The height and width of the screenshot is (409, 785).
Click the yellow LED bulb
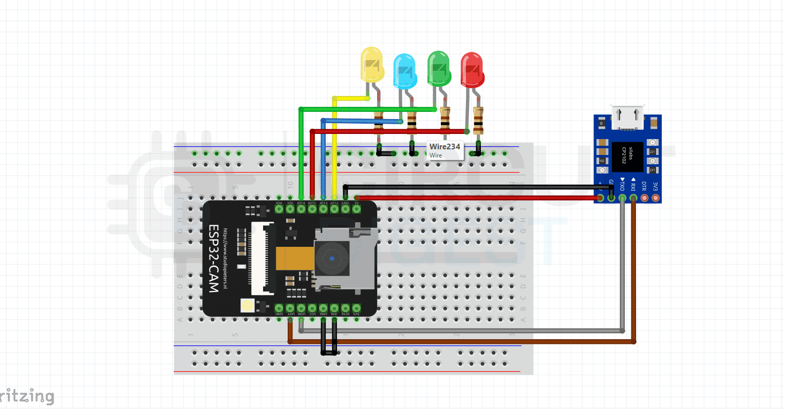371,65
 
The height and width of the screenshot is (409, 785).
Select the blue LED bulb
404,71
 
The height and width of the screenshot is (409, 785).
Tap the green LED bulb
439,68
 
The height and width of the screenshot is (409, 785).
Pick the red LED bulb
472,69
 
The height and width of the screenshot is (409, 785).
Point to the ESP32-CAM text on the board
214,259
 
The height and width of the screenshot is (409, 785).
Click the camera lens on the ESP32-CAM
332,259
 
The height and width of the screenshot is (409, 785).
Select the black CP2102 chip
627,157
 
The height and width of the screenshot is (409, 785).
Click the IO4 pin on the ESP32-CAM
279,209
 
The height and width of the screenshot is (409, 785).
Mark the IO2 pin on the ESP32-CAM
290,209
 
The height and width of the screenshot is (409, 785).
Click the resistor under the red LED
478,121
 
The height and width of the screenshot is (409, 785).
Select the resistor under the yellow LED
379,122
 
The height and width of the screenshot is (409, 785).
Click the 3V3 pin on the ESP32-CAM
357,308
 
